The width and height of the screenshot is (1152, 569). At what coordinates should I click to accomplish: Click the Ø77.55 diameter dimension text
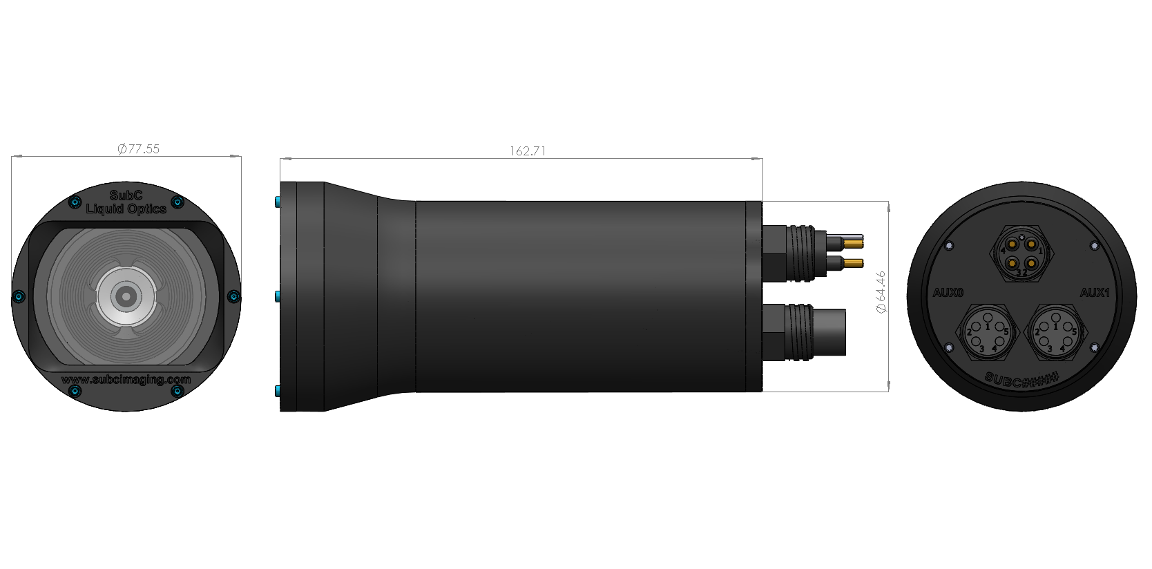tap(139, 148)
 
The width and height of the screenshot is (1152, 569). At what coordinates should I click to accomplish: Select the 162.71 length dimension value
tap(528, 151)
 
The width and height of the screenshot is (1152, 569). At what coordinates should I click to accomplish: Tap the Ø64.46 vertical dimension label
tap(880, 292)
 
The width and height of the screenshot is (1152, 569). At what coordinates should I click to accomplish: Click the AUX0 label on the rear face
tap(948, 293)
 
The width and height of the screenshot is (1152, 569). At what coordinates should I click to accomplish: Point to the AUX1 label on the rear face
tap(1094, 293)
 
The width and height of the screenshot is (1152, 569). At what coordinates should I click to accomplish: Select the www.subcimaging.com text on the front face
tap(126, 380)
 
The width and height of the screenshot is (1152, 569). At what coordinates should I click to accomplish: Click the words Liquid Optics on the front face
tap(126, 209)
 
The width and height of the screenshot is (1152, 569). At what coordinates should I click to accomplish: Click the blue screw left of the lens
tap(19, 297)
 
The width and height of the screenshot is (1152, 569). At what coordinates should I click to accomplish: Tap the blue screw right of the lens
tap(233, 297)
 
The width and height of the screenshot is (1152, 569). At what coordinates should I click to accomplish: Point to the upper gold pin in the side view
tap(854, 242)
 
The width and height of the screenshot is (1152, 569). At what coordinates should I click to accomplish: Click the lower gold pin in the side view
tap(854, 262)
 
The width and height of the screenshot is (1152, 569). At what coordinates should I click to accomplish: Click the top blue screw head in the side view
tap(278, 202)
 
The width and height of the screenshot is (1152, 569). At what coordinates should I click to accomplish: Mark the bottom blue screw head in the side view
tap(278, 392)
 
